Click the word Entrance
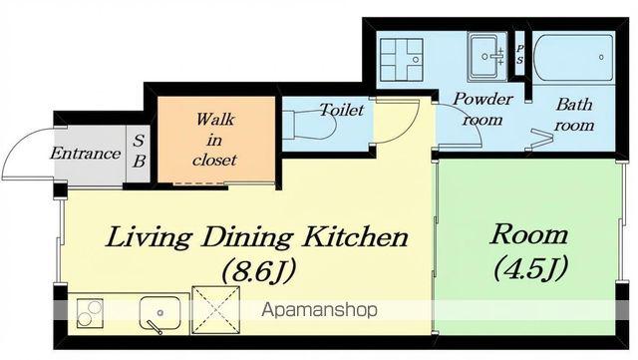(86, 154)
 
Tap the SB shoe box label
(139, 152)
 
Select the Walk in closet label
(214, 140)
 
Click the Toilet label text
(341, 110)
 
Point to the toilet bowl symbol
(309, 124)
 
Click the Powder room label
(482, 109)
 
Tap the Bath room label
(574, 115)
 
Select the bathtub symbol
(573, 58)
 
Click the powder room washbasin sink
(487, 56)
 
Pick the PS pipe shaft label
(519, 54)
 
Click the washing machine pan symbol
(401, 60)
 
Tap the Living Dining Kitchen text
(256, 237)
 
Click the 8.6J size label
(257, 271)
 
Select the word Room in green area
(528, 234)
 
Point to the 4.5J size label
(529, 267)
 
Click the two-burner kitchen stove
(90, 312)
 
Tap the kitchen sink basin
(159, 313)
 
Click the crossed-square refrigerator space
(215, 310)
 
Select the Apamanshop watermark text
(319, 310)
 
